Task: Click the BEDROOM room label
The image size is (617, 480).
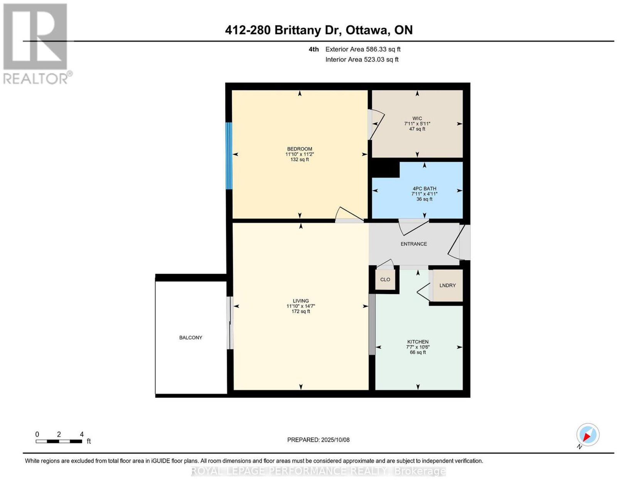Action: point(299,149)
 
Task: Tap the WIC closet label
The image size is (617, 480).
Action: point(417,119)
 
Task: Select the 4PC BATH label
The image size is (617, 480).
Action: point(424,188)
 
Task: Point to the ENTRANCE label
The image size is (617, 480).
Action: point(413,244)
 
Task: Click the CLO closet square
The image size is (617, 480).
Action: point(385,280)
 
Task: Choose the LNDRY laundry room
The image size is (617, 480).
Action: point(447,285)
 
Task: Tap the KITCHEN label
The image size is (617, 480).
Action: point(418,342)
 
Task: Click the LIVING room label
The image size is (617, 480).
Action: point(301,301)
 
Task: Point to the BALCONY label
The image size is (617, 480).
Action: point(190,338)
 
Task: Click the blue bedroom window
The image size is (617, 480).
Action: point(229,156)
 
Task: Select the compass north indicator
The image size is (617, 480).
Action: point(587,434)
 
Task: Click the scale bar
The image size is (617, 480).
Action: point(59,441)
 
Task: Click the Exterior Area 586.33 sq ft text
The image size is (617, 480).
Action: point(362,49)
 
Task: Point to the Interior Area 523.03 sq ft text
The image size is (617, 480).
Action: point(362,59)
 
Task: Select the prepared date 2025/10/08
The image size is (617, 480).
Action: point(335,440)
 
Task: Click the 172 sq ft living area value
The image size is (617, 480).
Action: point(301,311)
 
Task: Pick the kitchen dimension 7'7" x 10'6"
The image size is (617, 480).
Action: point(418,347)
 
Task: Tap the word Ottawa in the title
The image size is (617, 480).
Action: point(367,30)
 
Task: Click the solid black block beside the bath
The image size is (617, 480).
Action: point(385,170)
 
